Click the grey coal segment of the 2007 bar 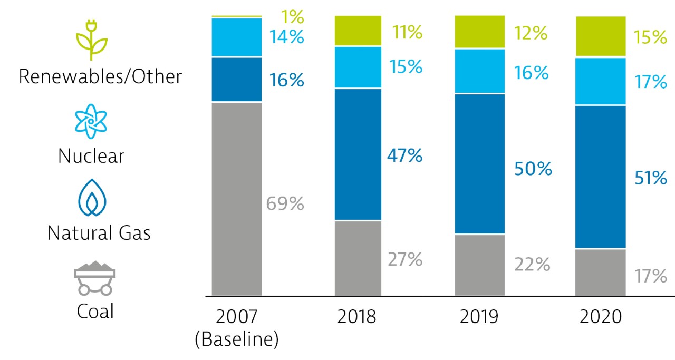(x=237, y=199)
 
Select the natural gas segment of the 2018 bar (x=358, y=154)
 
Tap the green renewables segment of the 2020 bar (x=600, y=36)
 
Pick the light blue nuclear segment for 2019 (x=480, y=71)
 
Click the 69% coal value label (x=285, y=203)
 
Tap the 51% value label (x=650, y=178)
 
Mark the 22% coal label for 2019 (x=532, y=264)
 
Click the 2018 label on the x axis (x=357, y=317)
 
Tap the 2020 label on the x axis (x=601, y=317)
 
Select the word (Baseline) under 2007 (x=236, y=339)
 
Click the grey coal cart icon (x=94, y=278)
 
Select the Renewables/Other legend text (x=100, y=76)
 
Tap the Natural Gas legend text (x=99, y=233)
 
